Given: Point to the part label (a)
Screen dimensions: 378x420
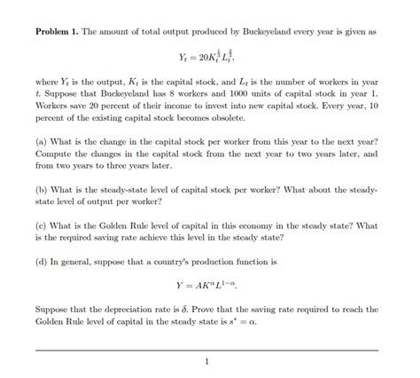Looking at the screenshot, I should [x=42, y=142].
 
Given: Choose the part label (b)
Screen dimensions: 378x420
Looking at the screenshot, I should [x=42, y=189].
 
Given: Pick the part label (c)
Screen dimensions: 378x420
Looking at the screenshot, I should [x=42, y=224].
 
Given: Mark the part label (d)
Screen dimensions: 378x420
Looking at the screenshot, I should [x=42, y=261].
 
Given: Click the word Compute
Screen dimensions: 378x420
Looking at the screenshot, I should [x=55, y=154].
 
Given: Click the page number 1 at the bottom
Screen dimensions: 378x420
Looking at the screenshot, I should [x=207, y=362].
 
